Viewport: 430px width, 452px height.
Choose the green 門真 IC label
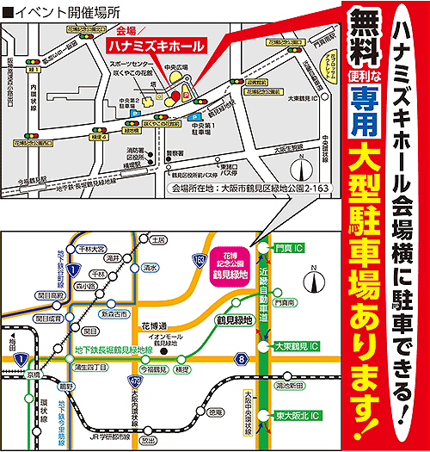tap(286, 248)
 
